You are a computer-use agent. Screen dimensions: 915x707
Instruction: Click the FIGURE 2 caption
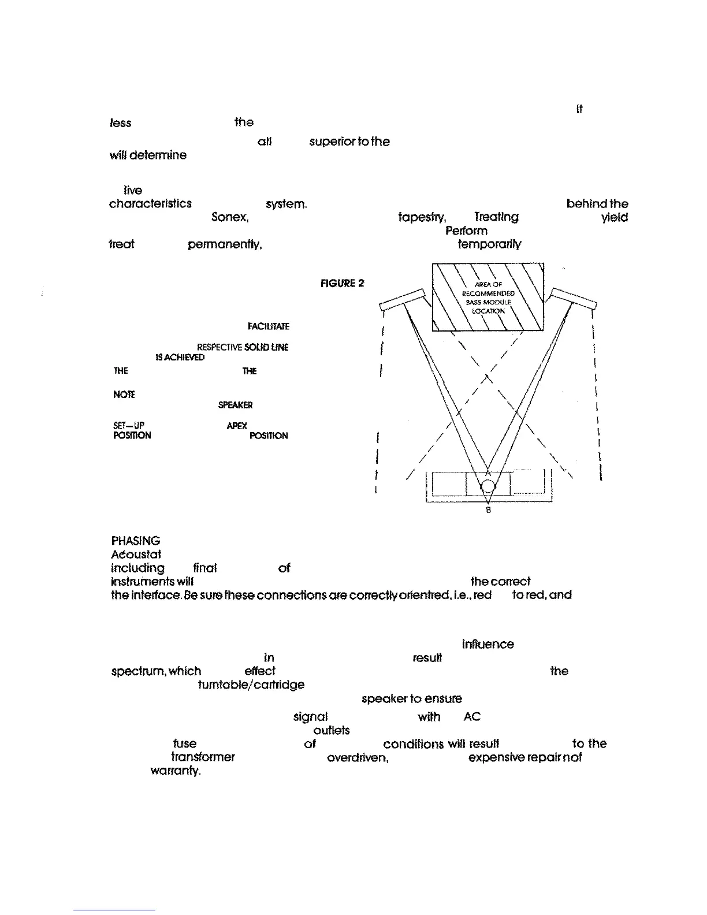coord(343,284)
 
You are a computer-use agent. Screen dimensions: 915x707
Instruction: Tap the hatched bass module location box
coord(488,297)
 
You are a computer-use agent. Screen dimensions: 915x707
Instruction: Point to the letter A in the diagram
coord(488,473)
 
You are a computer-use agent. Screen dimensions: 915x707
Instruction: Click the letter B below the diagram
coord(489,511)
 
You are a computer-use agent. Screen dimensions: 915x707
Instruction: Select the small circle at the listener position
coord(488,486)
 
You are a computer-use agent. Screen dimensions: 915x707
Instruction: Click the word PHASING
coord(136,541)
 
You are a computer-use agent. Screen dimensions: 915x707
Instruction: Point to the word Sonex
coord(230,217)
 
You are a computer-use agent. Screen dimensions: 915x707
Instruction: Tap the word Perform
coord(466,230)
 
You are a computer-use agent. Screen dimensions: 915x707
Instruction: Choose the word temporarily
coord(489,244)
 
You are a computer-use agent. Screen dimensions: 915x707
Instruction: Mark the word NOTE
coord(124,395)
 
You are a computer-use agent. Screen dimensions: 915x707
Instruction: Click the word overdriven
coord(358,757)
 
